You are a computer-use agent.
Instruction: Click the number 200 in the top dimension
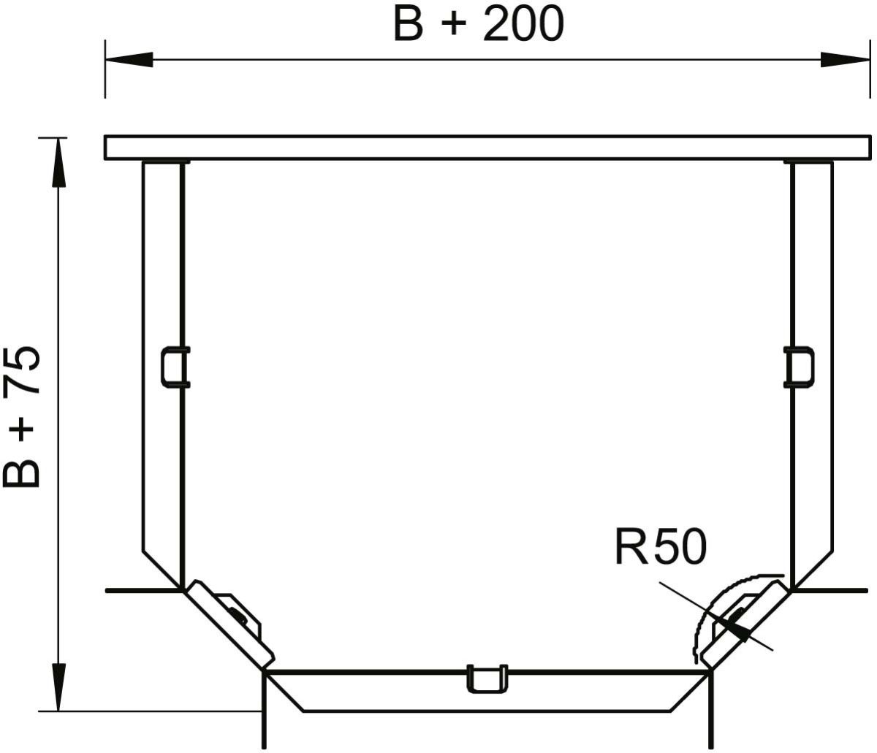(x=523, y=25)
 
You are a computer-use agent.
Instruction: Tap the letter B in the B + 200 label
(x=409, y=25)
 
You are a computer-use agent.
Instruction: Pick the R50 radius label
(x=661, y=547)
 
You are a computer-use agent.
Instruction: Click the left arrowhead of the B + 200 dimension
(x=129, y=60)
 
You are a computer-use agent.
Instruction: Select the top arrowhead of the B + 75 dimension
(x=59, y=162)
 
